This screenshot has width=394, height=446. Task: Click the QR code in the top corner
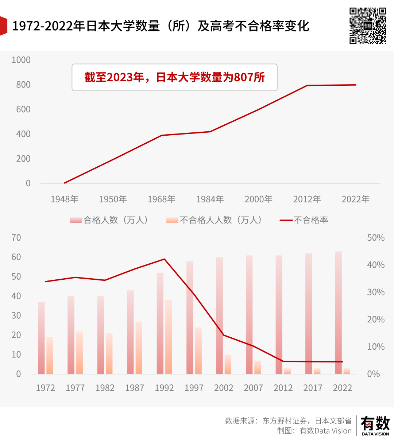(367, 26)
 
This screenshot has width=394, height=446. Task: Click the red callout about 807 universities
(174, 77)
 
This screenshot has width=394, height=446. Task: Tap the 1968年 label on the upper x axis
(161, 199)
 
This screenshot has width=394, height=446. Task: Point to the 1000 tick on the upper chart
(21, 60)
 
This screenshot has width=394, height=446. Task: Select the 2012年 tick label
(307, 199)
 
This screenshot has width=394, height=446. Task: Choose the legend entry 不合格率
(310, 220)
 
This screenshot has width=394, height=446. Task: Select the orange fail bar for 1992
(169, 337)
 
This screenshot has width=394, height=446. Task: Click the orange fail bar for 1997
(198, 350)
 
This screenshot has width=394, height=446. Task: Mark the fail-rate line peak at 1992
(164, 259)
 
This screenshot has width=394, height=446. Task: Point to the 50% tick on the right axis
(375, 238)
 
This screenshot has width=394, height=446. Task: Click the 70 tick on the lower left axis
(16, 238)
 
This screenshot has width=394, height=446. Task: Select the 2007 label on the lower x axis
(253, 388)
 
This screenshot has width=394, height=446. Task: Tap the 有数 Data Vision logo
(375, 426)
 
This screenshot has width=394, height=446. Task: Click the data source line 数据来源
(288, 421)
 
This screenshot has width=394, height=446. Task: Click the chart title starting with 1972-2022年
(161, 26)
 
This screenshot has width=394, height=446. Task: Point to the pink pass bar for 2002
(219, 315)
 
